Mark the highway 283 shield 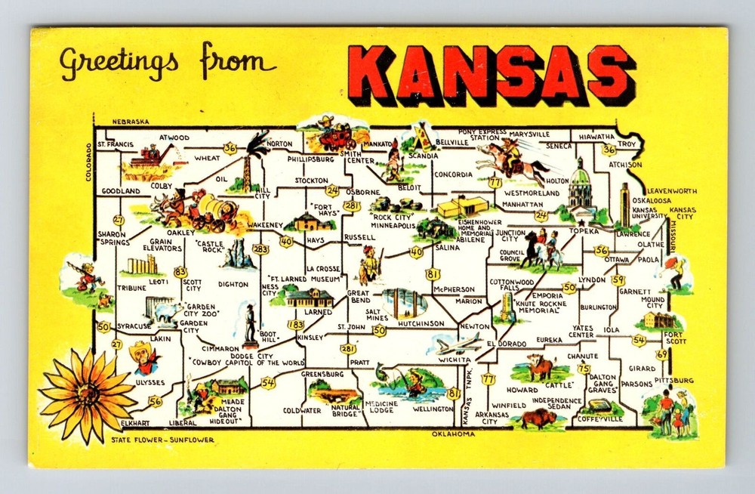(261, 249)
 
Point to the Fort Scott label (673, 338)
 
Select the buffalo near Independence (538, 417)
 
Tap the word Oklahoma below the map (453, 434)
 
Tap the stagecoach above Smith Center (335, 136)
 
